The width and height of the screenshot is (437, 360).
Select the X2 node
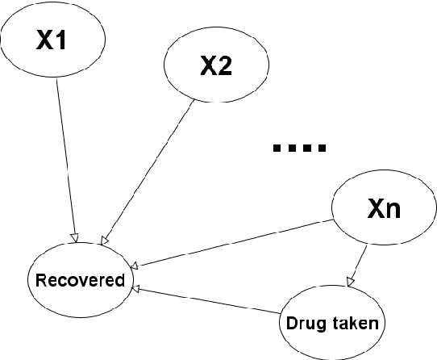215,67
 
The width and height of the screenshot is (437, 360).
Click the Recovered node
79,281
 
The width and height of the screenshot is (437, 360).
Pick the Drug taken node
332,323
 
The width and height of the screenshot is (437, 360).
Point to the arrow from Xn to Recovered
234,243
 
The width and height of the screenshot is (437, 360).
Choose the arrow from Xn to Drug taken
360,259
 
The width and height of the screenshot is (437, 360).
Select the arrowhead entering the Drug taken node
349,282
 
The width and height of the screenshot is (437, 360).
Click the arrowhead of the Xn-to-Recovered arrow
136,265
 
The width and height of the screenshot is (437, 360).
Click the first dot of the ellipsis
277,148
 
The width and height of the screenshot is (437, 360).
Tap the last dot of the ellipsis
323,148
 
